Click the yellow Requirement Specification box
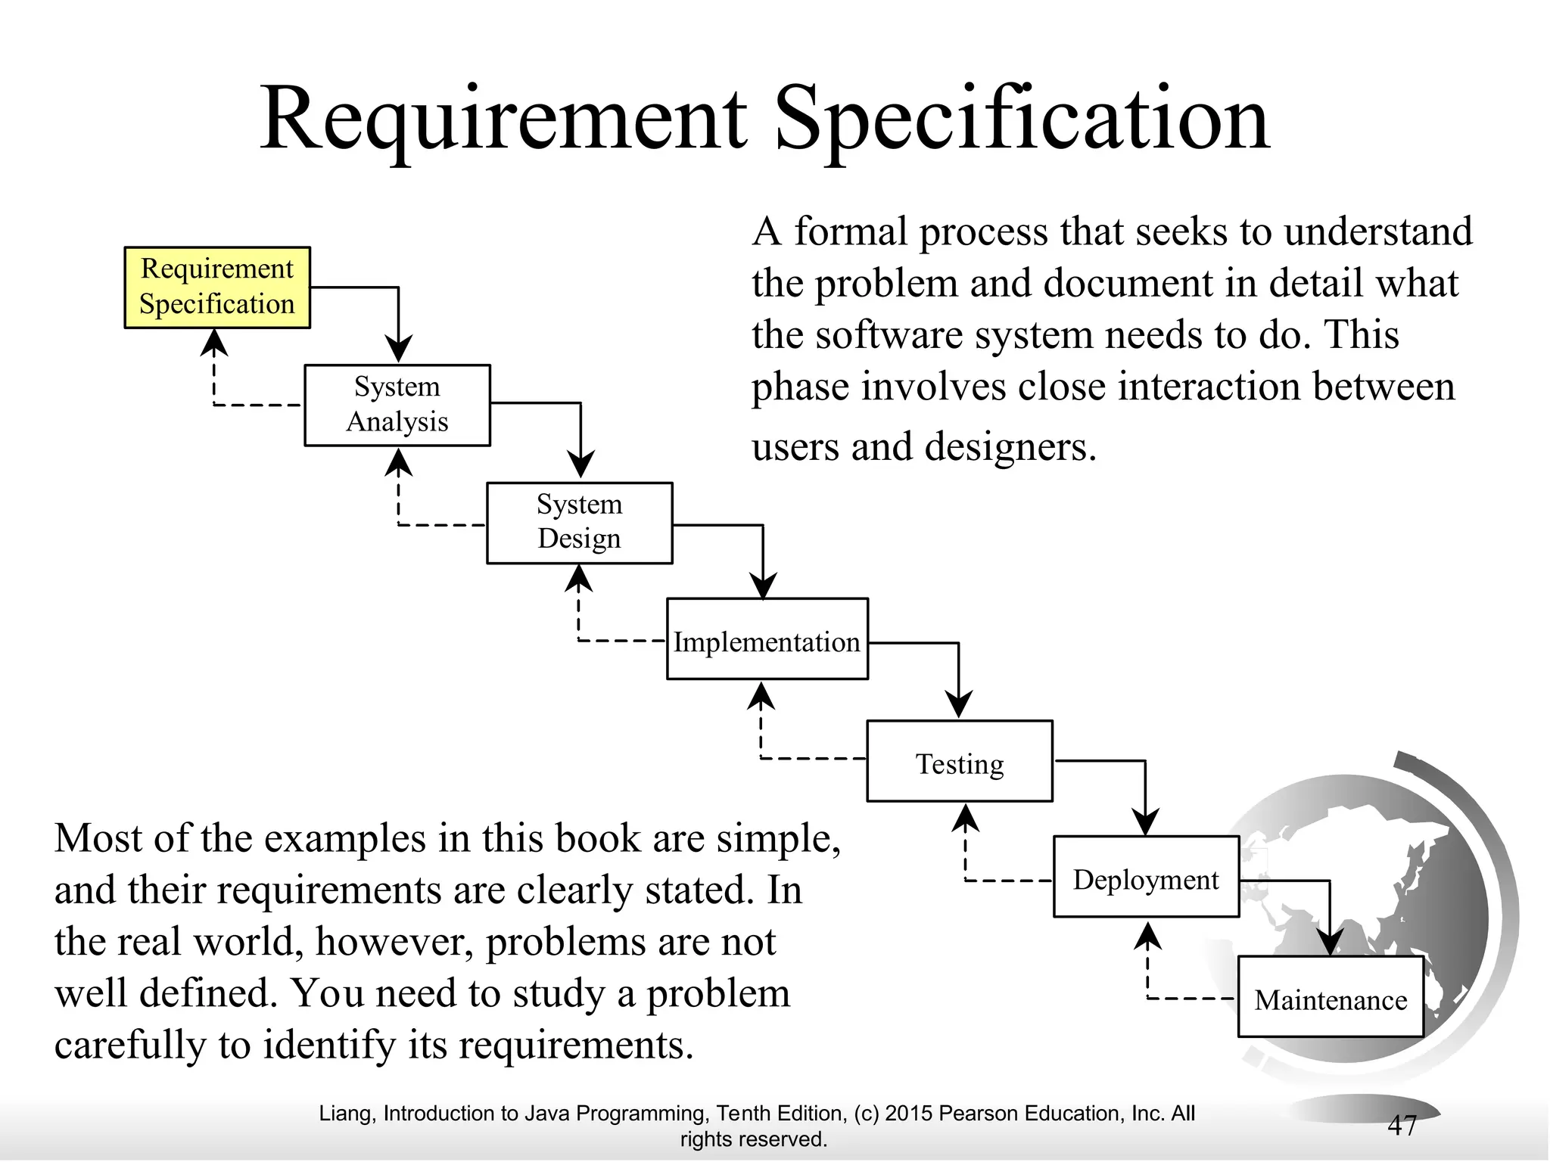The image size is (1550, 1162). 217,287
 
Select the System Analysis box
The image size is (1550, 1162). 397,405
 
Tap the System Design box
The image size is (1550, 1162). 579,523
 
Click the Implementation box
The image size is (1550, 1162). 767,639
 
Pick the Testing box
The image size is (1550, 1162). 959,761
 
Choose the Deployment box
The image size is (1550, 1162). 1146,877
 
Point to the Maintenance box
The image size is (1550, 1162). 1331,996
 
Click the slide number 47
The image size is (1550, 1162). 1402,1125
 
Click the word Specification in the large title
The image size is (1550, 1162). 1022,120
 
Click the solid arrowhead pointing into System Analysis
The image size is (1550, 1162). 399,349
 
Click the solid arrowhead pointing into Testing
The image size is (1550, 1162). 959,704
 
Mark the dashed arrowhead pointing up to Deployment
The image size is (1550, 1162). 1148,937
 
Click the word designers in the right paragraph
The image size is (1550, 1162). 1010,446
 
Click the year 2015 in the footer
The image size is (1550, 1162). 908,1114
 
